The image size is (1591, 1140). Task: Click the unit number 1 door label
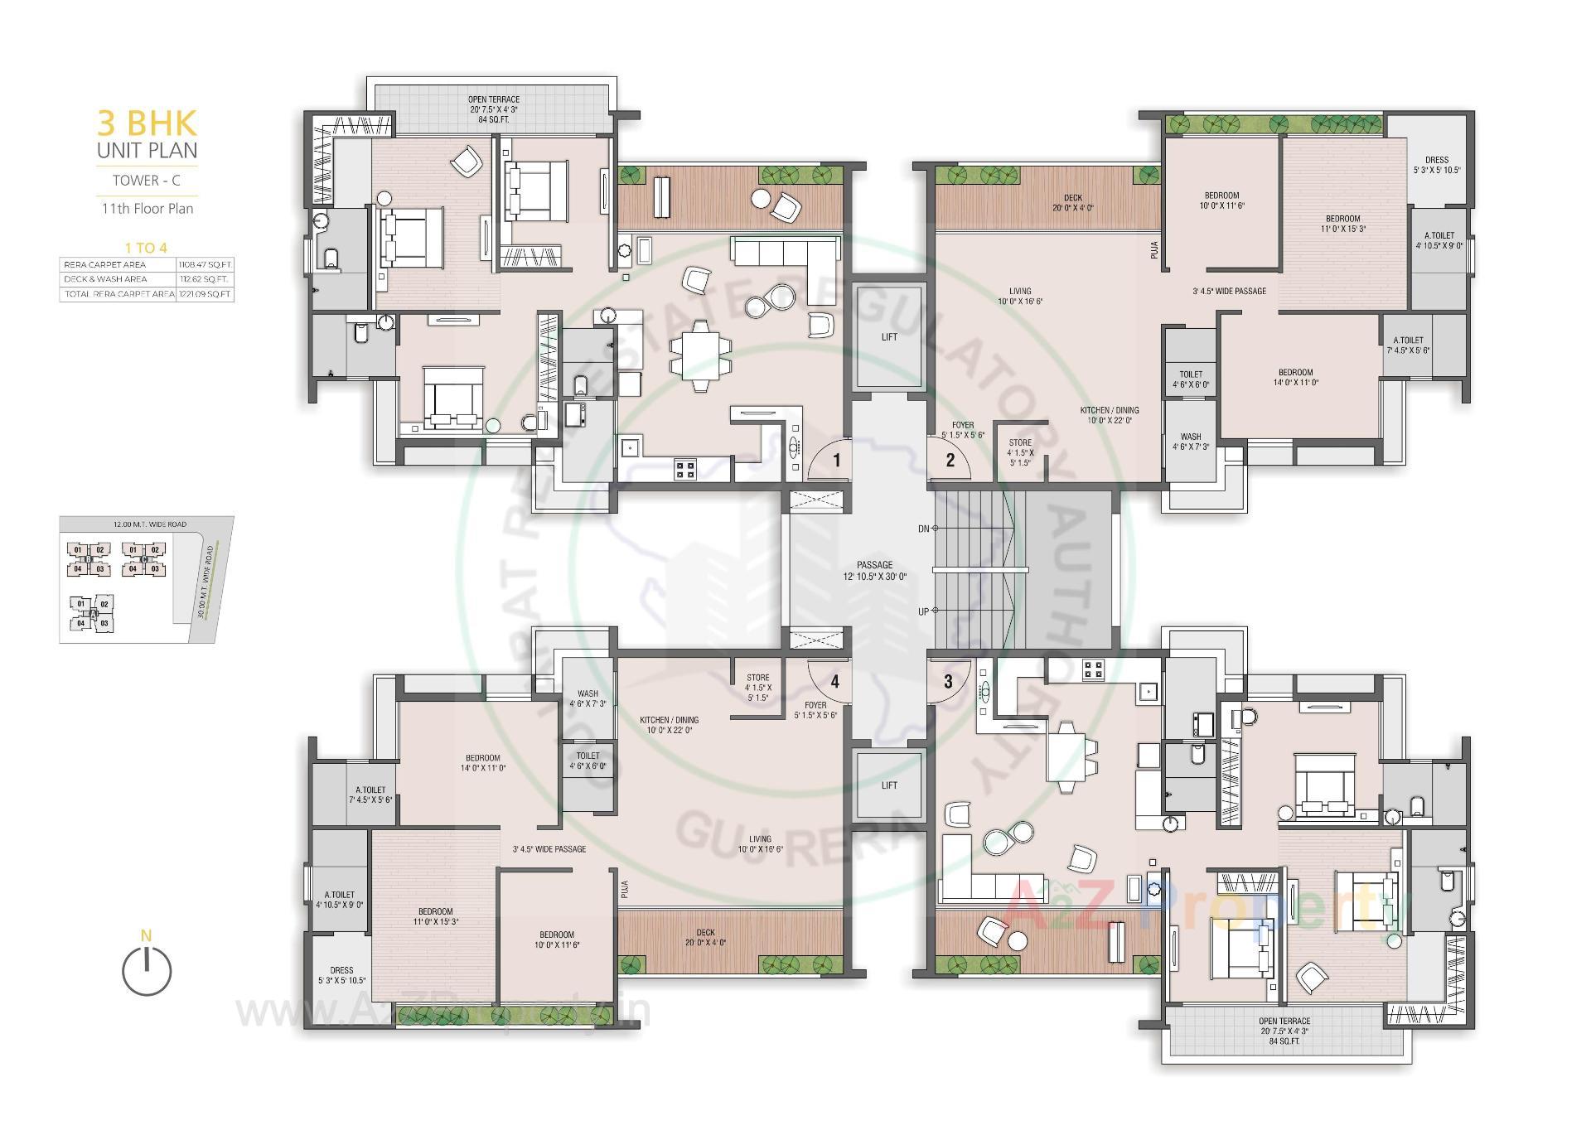click(837, 461)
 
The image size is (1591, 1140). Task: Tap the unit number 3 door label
click(948, 682)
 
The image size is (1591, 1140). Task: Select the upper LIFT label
click(889, 337)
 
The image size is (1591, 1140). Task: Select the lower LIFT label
click(889, 785)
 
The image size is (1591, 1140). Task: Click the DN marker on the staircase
click(924, 529)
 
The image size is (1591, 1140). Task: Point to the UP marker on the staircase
click(924, 612)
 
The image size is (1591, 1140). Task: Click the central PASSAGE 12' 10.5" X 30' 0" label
click(875, 570)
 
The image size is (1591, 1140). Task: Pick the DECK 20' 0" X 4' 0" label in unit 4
click(705, 938)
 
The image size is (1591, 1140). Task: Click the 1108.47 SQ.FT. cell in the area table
click(205, 265)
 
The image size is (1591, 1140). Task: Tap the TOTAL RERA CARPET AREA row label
click(118, 294)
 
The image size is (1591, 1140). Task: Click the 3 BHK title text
click(147, 123)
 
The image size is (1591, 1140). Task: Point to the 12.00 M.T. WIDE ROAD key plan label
click(150, 524)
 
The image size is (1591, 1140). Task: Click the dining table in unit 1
click(701, 355)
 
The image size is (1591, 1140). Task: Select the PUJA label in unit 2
click(1154, 250)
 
